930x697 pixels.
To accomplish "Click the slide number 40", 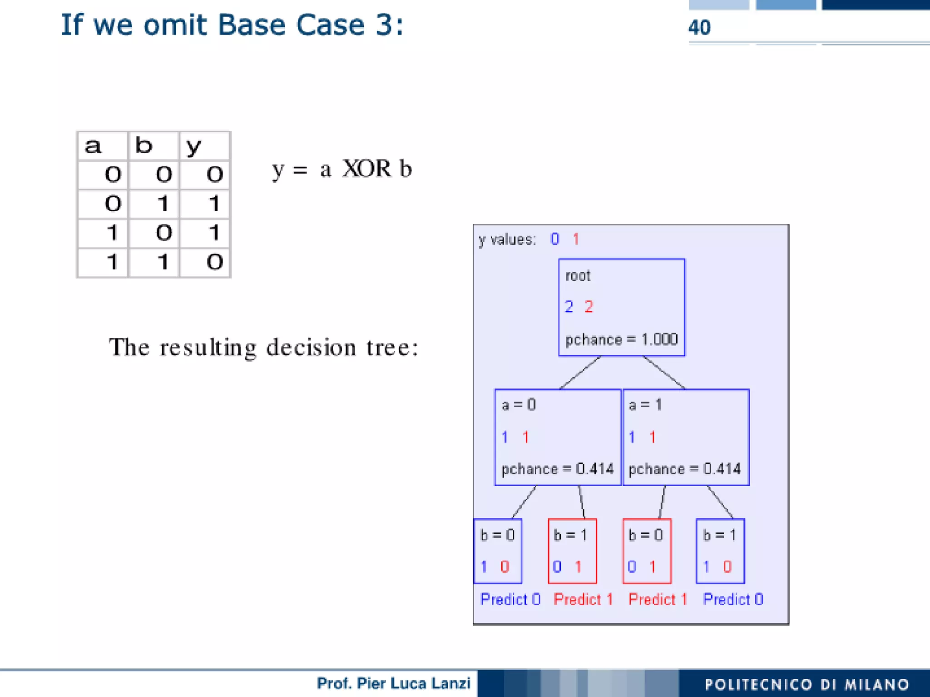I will click(x=699, y=28).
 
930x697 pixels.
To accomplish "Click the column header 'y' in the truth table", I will click(x=193, y=146).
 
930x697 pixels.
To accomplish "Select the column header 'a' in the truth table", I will click(x=93, y=146).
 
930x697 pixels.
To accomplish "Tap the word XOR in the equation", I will click(x=366, y=169).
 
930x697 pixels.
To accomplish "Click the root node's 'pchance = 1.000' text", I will click(x=621, y=339).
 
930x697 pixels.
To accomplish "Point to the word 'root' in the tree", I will click(x=578, y=276).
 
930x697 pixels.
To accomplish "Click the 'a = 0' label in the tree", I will click(x=519, y=404).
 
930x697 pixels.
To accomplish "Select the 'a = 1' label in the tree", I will click(x=645, y=404).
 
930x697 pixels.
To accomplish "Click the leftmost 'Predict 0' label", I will click(x=510, y=599).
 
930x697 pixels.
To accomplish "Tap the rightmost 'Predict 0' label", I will click(x=733, y=599).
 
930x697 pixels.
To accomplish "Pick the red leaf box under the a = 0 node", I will click(x=572, y=551).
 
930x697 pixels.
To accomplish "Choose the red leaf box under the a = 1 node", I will click(x=647, y=551).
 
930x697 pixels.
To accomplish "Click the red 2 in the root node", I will click(x=589, y=307).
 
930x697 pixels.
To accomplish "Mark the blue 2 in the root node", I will click(x=569, y=307).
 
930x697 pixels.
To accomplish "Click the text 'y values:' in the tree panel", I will click(x=507, y=239).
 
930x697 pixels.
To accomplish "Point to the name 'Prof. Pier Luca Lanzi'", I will click(x=393, y=683).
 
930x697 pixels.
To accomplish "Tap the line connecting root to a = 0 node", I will click(x=580, y=373).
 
